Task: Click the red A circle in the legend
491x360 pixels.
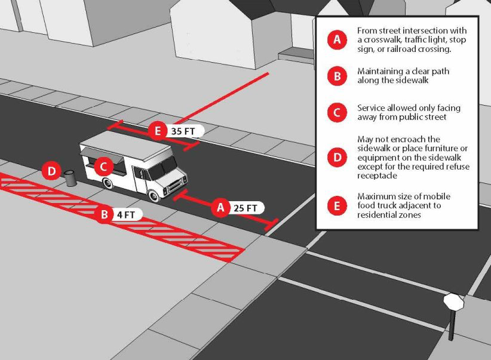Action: [x=337, y=39]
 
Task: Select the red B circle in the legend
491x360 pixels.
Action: [x=337, y=76]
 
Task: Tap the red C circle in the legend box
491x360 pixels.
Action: [x=337, y=112]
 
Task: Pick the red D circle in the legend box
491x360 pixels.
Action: [x=337, y=157]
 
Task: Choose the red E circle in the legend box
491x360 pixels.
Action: [x=337, y=206]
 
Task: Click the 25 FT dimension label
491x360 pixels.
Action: [x=245, y=208]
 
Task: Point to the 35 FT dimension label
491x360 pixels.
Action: [x=183, y=131]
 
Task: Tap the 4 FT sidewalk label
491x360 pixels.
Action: [x=126, y=215]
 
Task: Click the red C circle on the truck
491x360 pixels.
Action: [x=103, y=167]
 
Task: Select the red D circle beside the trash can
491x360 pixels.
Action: [x=51, y=171]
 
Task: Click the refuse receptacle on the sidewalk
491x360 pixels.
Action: [x=70, y=178]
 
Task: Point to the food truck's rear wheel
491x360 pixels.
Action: [x=108, y=183]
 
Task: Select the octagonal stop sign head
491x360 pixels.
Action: [x=453, y=301]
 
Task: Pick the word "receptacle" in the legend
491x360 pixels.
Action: [x=377, y=176]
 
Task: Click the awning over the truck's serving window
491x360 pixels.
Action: [x=102, y=155]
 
